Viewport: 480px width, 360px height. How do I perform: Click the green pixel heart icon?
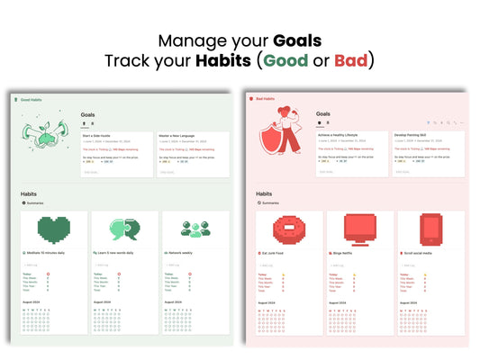(57, 230)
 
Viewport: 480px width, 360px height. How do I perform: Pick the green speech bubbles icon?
(125, 230)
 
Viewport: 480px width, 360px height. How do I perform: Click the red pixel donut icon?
(289, 230)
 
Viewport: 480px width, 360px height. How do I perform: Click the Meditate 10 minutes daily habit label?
(59, 254)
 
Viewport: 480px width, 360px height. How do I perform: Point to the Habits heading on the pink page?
(264, 193)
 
